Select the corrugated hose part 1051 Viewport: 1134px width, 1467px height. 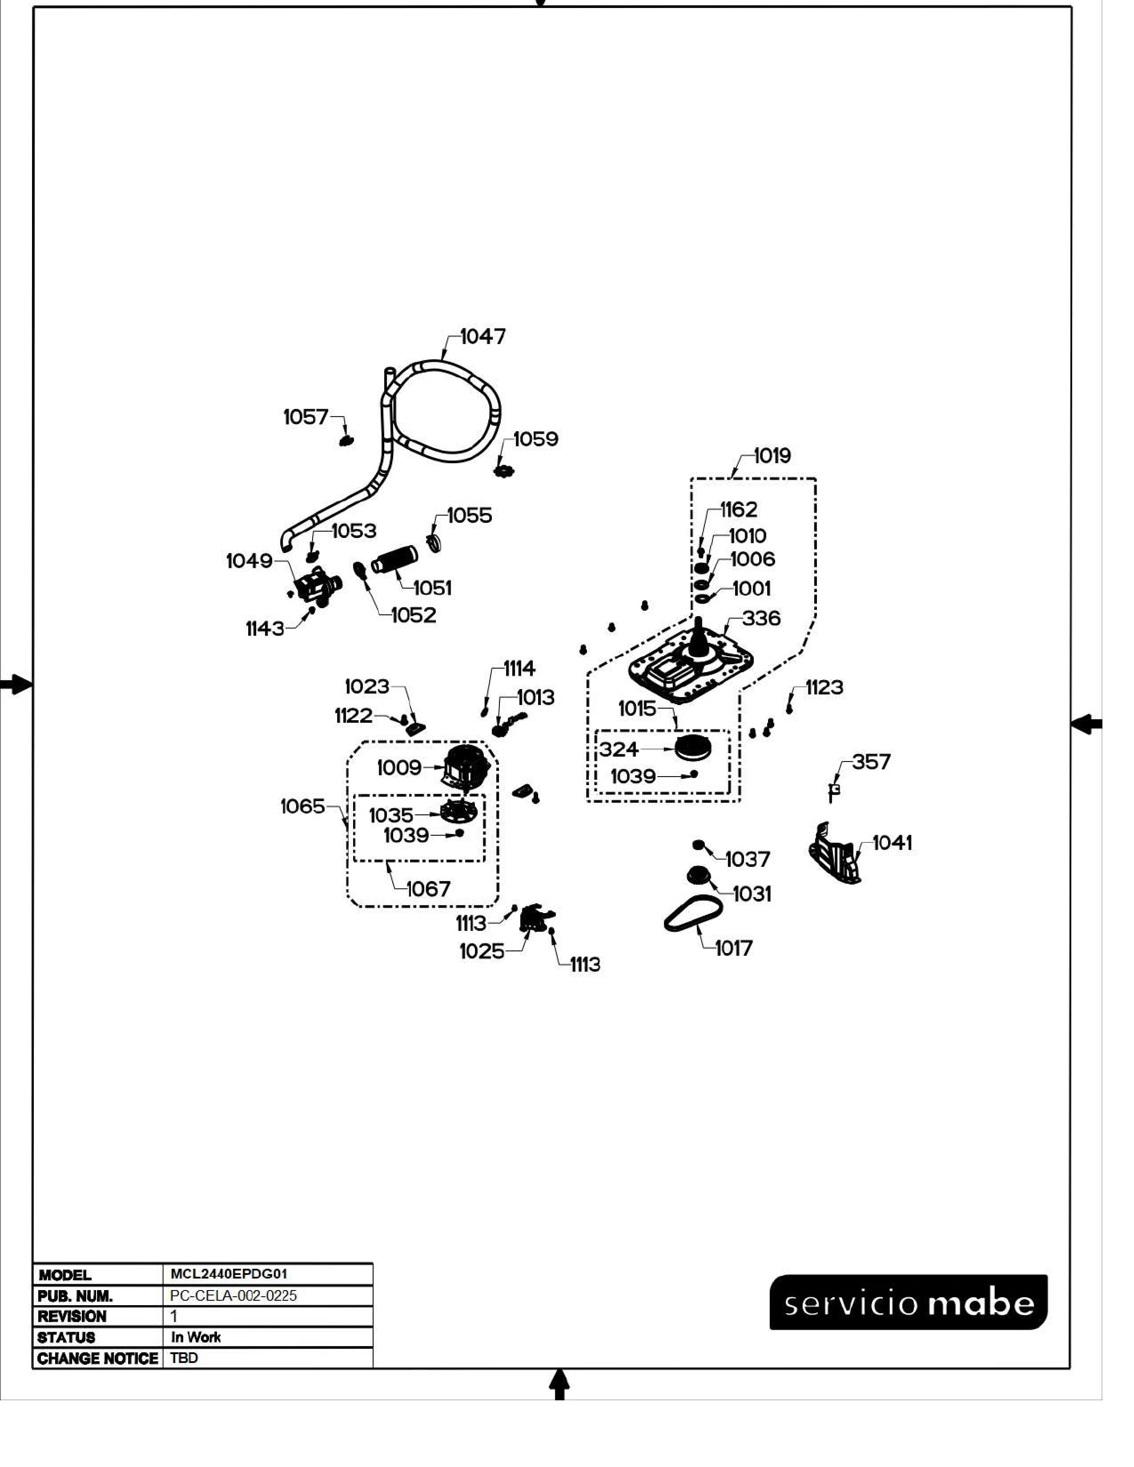click(x=395, y=561)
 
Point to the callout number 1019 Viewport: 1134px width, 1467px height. click(x=772, y=456)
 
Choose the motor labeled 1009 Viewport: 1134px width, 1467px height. click(x=466, y=766)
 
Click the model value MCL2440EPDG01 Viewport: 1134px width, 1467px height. click(x=229, y=1274)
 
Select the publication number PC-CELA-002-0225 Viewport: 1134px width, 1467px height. click(x=233, y=1295)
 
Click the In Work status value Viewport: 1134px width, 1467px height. click(x=196, y=1337)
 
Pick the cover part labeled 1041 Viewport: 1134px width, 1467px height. click(x=835, y=853)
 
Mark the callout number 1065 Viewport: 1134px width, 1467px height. click(x=302, y=806)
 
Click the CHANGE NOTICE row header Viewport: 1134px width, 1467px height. click(x=97, y=1358)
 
